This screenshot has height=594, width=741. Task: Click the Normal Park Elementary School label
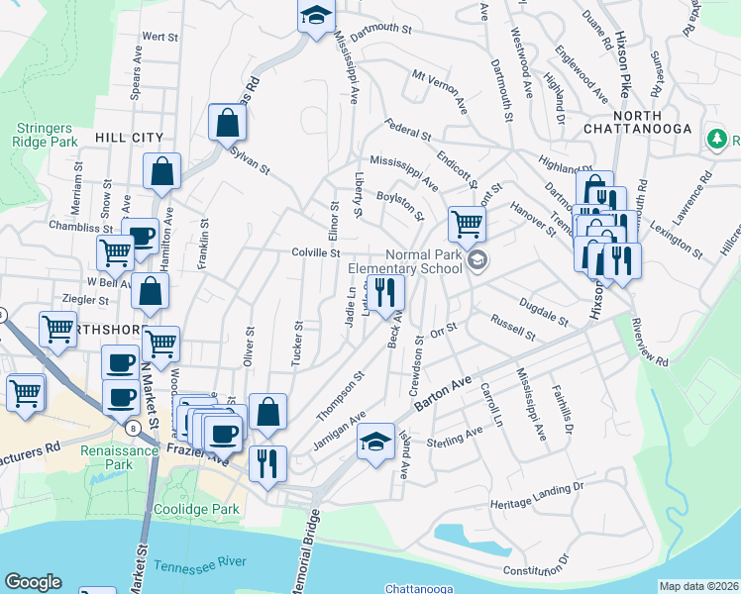pos(423,261)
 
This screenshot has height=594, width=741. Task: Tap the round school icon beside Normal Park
pos(477,260)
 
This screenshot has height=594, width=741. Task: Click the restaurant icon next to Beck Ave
pos(385,291)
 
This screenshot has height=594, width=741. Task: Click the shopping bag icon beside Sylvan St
pos(227,123)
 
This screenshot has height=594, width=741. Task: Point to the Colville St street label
pos(316,253)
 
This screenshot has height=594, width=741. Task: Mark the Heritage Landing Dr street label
pos(538,497)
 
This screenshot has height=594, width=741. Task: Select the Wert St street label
pos(159,37)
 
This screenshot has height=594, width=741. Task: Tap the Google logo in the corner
pos(33,582)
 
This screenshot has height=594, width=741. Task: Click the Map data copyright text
pos(698,586)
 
